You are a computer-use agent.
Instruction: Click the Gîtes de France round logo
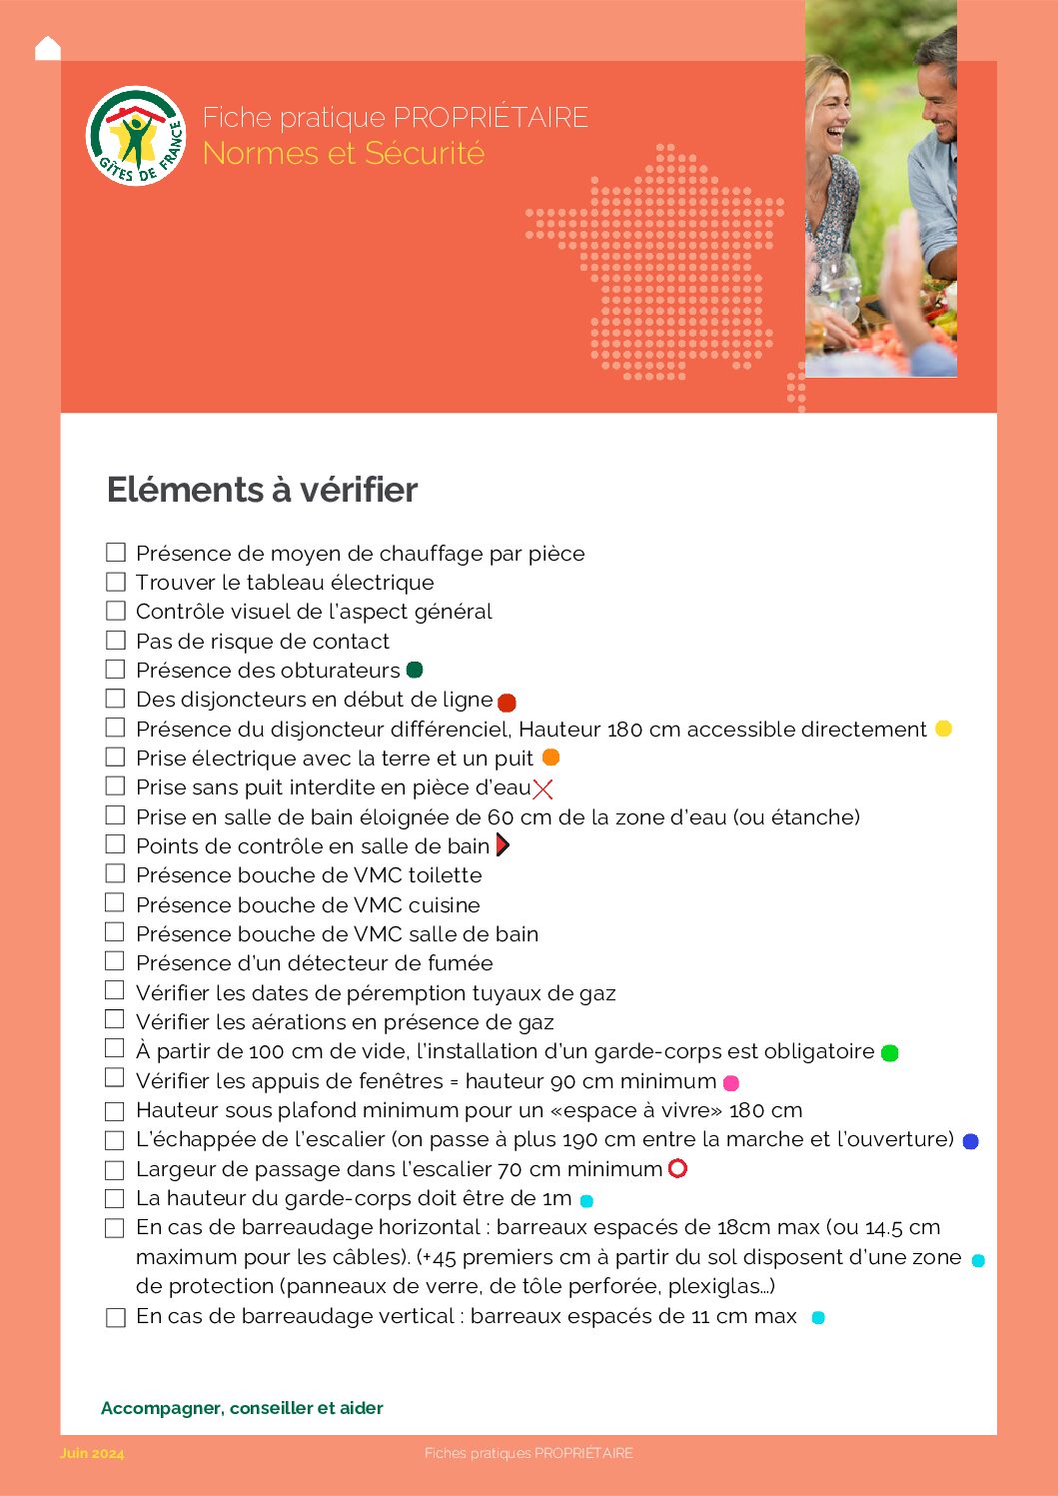point(137,136)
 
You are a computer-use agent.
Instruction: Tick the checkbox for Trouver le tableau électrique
point(116,582)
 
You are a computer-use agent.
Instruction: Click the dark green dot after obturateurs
point(415,670)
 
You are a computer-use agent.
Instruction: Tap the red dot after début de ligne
point(507,703)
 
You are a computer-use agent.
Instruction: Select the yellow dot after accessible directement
point(943,729)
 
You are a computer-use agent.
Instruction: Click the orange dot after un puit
point(550,757)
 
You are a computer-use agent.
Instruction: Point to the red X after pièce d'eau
point(542,789)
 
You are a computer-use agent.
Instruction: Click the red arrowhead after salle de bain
point(503,845)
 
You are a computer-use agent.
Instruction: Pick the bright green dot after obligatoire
point(890,1052)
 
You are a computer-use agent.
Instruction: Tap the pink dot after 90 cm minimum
point(731,1082)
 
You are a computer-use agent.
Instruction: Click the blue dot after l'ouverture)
point(970,1141)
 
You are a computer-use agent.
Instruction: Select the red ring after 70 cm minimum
point(677,1168)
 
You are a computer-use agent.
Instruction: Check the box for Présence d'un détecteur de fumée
point(116,961)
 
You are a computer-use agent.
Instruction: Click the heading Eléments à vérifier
point(262,490)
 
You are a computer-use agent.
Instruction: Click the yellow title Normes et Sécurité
point(343,154)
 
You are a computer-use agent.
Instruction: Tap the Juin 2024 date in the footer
point(92,1453)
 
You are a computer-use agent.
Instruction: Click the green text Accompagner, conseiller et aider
point(242,1408)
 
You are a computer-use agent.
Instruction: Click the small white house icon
point(47,48)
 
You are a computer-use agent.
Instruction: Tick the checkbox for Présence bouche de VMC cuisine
point(116,902)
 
